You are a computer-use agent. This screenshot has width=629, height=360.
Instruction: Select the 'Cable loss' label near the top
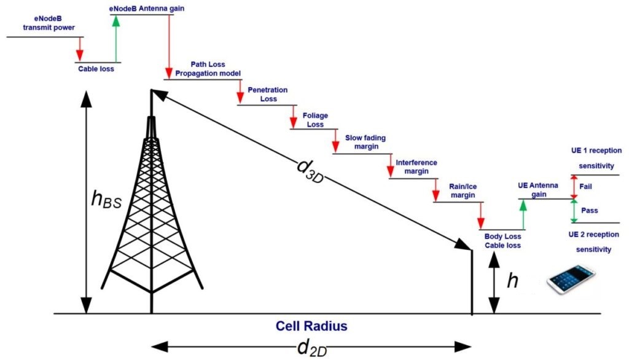point(96,69)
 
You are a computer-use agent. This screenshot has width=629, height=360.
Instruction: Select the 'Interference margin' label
point(416,166)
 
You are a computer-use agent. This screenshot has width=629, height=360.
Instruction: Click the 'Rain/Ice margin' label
point(456,190)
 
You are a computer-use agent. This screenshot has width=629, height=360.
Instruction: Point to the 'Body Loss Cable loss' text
point(502,240)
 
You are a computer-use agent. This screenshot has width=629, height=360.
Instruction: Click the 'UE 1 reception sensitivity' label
point(596,158)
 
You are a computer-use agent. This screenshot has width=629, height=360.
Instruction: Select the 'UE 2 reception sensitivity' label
point(594,242)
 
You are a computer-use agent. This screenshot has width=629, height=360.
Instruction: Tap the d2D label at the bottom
point(311,348)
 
